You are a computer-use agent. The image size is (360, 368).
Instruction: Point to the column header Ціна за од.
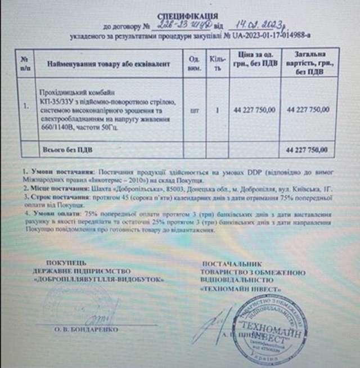pyautogui.click(x=254, y=62)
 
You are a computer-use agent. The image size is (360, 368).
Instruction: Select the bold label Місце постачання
pyautogui.click(x=48, y=190)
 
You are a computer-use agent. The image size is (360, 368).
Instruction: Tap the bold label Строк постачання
pyautogui.click(x=48, y=199)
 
